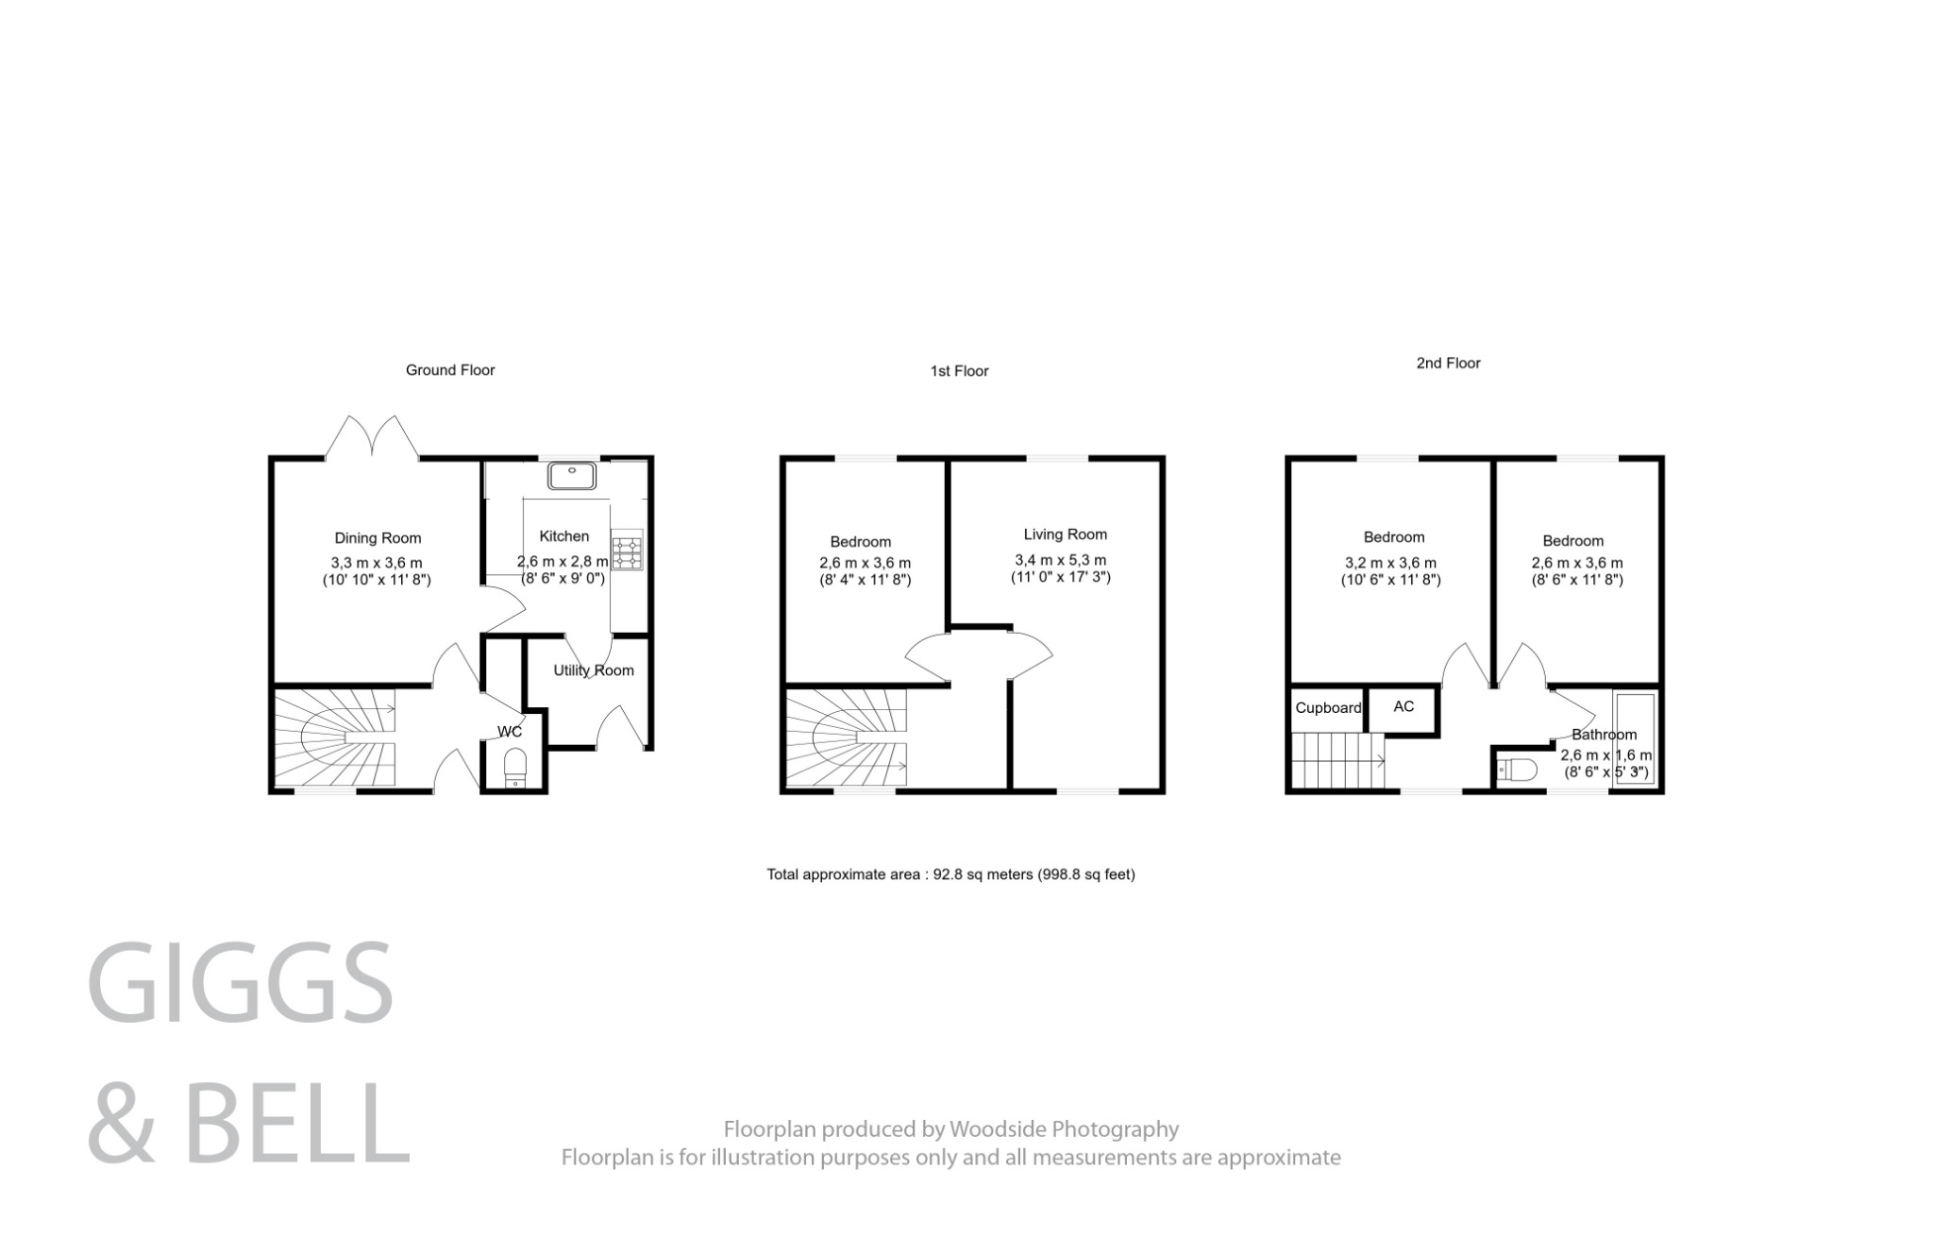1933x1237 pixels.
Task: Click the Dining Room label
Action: (378, 538)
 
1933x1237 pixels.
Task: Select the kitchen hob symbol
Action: (627, 551)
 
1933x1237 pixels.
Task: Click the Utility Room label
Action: (594, 670)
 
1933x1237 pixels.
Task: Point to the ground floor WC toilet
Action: (515, 766)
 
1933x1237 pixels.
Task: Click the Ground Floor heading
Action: (450, 370)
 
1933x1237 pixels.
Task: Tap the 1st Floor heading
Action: (959, 371)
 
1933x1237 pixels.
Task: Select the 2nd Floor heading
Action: (1448, 363)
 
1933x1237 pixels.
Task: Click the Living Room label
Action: (1065, 534)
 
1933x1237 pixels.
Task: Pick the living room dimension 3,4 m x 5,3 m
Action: (1060, 559)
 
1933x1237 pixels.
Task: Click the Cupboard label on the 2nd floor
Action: (1328, 708)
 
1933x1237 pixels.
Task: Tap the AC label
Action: (1404, 706)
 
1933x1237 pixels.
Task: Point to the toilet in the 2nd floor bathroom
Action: (1516, 770)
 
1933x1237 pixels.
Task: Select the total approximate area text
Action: (950, 874)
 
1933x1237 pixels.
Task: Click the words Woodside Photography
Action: (1064, 1129)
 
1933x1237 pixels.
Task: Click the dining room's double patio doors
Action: (372, 439)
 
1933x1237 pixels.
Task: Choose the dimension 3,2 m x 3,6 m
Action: (1390, 563)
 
